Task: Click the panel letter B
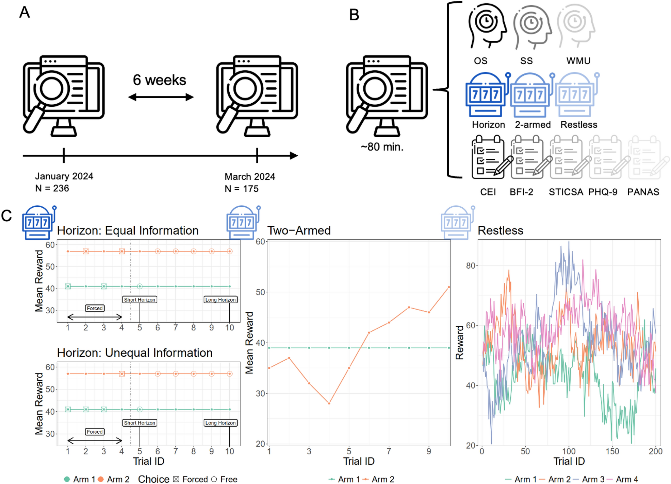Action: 354,15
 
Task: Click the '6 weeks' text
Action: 159,80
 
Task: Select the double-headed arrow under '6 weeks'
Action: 161,98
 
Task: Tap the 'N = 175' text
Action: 241,189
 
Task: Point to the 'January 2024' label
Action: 64,176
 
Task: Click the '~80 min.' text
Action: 382,147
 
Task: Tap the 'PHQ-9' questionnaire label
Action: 602,192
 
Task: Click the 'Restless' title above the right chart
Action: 500,230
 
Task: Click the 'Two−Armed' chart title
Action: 298,230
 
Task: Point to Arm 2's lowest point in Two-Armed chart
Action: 329,403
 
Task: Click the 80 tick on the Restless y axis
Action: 470,266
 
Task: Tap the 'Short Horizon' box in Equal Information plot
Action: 140,300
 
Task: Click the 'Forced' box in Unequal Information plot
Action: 95,432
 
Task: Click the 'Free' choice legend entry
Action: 228,479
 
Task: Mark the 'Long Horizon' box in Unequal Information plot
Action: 220,423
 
